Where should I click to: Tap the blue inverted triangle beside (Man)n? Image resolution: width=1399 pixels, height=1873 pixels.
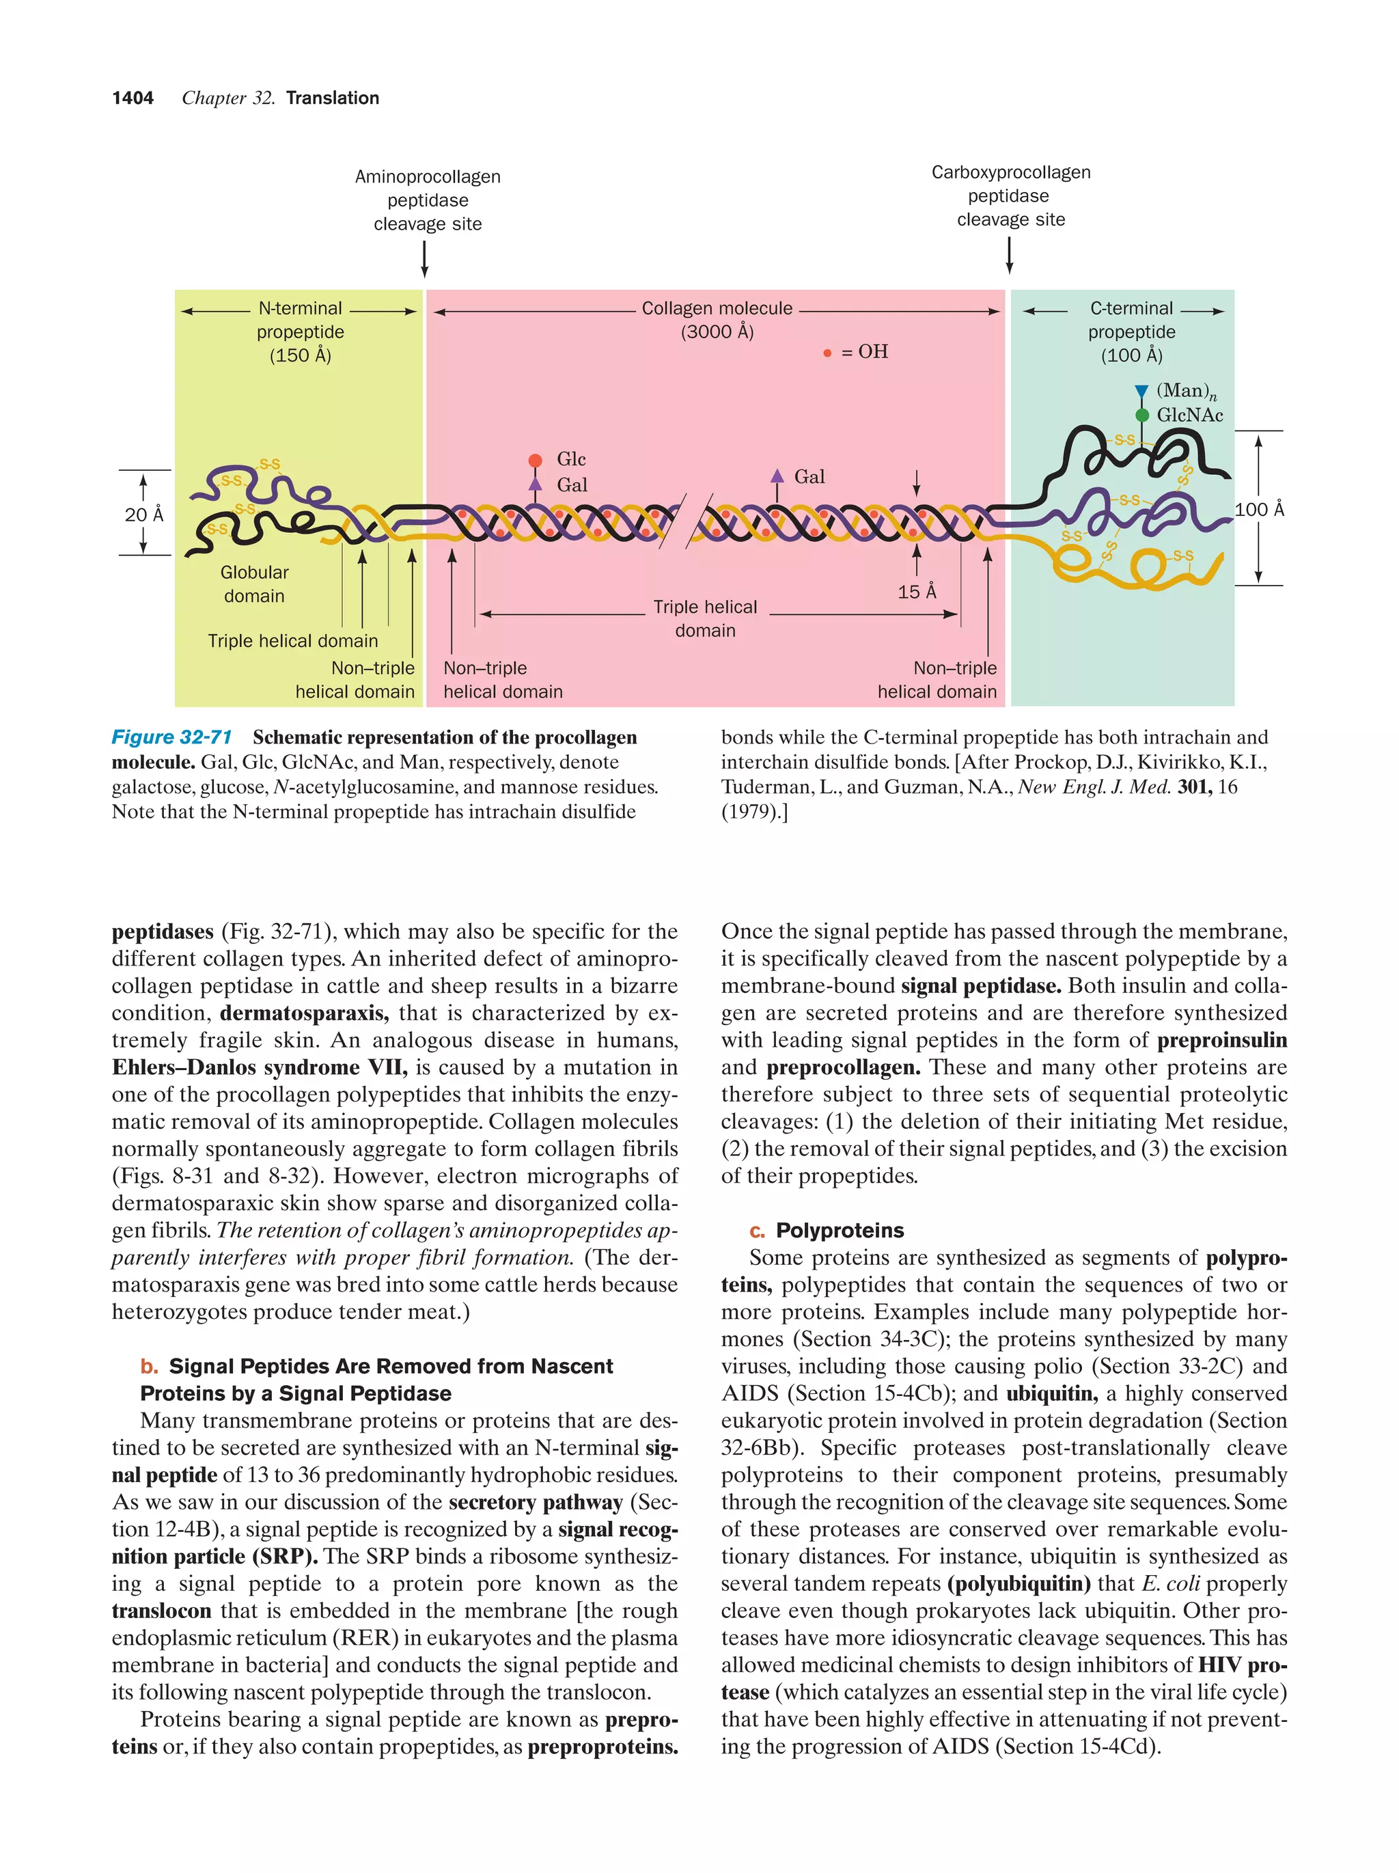coord(1141,391)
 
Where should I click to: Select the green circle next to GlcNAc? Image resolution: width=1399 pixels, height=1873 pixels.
coord(1141,415)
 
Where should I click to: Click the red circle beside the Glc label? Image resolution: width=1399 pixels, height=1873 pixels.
coord(535,461)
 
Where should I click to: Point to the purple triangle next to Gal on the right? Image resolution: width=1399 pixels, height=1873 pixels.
coord(777,476)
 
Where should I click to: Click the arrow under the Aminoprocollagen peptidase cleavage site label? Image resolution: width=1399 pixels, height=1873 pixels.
coord(424,258)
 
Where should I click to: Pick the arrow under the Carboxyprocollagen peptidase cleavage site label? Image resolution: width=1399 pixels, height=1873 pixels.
coord(1009,255)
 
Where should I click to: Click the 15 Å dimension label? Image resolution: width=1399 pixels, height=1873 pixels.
coord(917,592)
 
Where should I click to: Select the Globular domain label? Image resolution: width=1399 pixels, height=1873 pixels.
coord(254,584)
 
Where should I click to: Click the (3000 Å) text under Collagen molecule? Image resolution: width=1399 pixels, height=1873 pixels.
coord(717,332)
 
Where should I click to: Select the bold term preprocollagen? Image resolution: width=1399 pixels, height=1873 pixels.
coord(843,1068)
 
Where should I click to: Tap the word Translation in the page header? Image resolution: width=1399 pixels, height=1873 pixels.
coord(333,98)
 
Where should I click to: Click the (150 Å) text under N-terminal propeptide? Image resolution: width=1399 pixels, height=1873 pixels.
coord(301,355)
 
